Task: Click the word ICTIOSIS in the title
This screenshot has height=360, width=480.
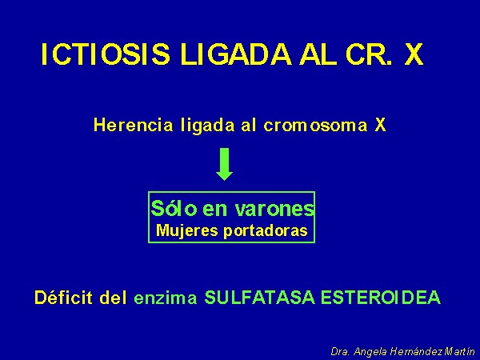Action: click(106, 54)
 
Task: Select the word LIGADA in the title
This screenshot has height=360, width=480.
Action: click(236, 54)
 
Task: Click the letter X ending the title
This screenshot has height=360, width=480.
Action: click(414, 54)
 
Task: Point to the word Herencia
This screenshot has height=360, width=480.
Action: click(133, 125)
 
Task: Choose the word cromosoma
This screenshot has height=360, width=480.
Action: click(315, 126)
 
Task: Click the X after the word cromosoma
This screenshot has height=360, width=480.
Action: click(380, 125)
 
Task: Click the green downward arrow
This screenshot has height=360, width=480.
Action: click(224, 164)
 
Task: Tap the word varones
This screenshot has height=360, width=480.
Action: click(275, 209)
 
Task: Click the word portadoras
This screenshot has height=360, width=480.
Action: click(266, 231)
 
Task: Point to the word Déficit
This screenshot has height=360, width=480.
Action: click(63, 298)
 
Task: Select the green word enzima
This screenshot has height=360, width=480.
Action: click(166, 298)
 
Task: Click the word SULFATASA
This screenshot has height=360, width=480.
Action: click(259, 298)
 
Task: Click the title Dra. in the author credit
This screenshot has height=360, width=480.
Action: click(340, 351)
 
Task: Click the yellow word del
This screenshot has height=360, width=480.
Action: click(113, 298)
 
